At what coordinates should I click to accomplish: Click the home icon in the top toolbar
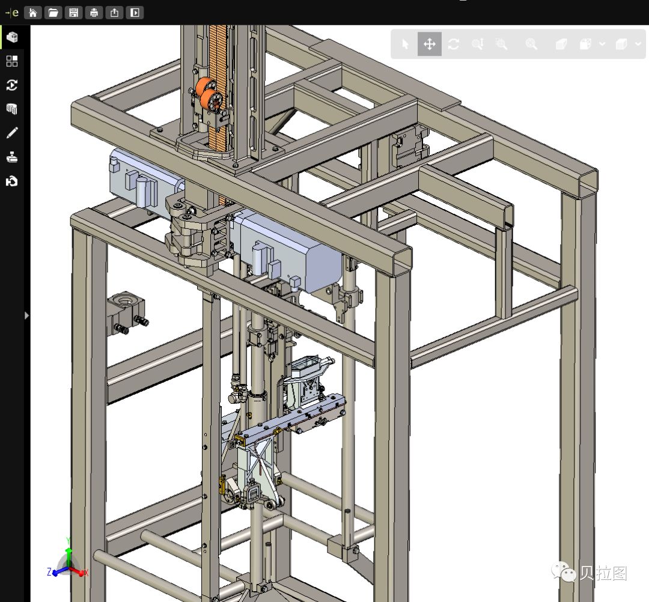(x=32, y=13)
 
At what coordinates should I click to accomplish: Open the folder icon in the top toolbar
(x=53, y=13)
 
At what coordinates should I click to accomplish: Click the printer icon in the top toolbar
(x=94, y=13)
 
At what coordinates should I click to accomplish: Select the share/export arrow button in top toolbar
(x=114, y=13)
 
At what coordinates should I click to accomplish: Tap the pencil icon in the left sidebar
(x=12, y=133)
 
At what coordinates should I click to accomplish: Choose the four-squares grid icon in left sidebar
(x=12, y=61)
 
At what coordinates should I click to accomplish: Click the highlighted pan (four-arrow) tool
(x=430, y=44)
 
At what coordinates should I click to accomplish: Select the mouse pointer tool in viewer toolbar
(x=405, y=44)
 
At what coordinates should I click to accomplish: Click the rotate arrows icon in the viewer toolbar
(x=454, y=44)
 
